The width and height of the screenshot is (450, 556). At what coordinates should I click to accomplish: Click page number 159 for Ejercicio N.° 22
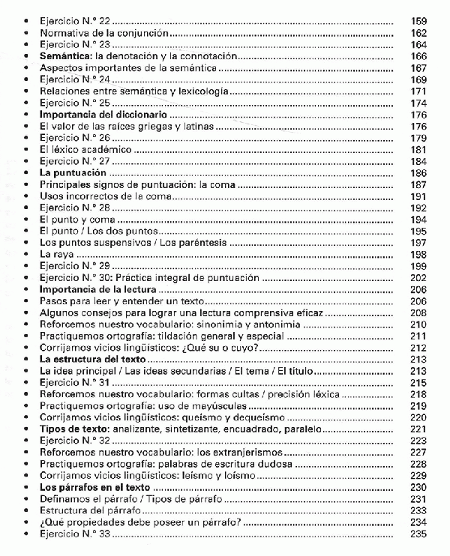point(419,22)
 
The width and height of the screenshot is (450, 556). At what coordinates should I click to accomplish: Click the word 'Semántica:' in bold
point(65,56)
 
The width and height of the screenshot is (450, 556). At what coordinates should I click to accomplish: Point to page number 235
point(419,534)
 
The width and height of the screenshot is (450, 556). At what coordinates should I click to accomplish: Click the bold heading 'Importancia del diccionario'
point(103,115)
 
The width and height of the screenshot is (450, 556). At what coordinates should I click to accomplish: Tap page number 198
point(419,255)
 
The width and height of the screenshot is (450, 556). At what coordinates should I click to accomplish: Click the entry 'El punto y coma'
point(77,220)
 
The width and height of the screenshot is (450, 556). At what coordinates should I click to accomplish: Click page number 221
point(419,429)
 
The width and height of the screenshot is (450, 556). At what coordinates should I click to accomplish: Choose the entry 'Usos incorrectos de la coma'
point(106,196)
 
